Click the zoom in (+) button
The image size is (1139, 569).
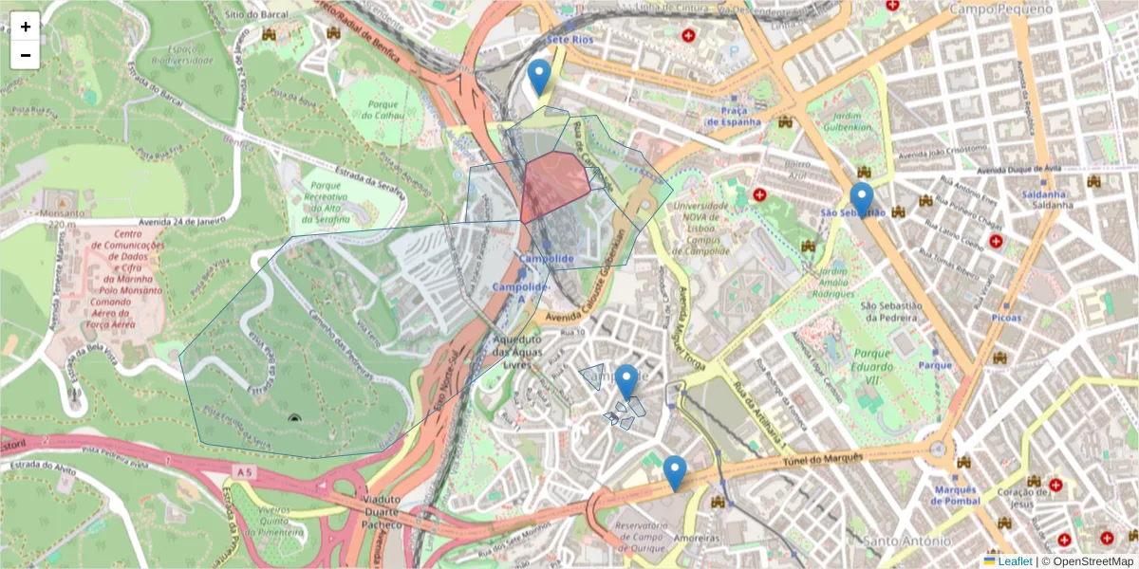(x=26, y=27)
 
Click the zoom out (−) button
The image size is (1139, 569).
(x=26, y=55)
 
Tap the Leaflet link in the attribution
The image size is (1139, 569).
(x=1014, y=561)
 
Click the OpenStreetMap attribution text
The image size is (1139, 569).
(x=1092, y=561)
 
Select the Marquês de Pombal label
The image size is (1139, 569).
(x=955, y=495)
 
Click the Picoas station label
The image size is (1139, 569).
(x=1005, y=318)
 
